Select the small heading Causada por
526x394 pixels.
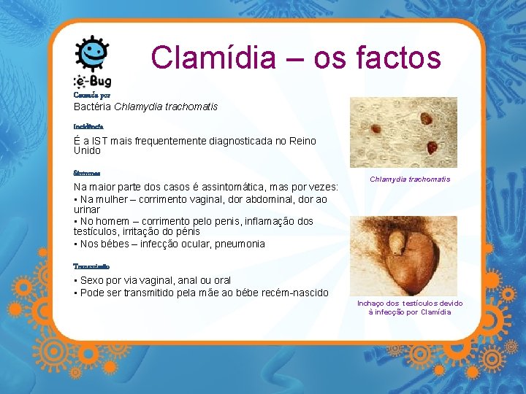click(x=91, y=95)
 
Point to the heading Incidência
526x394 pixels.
click(x=88, y=126)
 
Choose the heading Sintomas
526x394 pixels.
click(x=87, y=174)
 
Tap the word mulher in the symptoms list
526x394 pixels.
click(x=111, y=198)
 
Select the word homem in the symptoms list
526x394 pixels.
click(x=113, y=220)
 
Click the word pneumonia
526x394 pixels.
click(x=239, y=244)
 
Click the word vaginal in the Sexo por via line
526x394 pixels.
click(x=153, y=280)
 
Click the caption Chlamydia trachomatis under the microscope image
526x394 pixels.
click(x=410, y=179)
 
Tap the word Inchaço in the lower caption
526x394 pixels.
click(x=373, y=304)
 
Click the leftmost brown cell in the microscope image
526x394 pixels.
click(x=376, y=129)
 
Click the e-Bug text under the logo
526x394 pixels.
click(x=92, y=81)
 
